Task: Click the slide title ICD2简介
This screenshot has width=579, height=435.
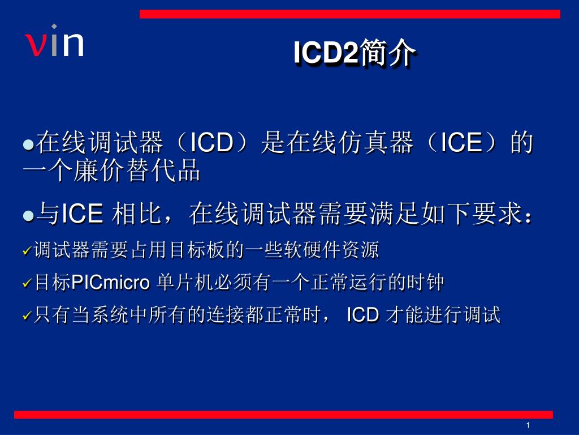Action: pos(355,54)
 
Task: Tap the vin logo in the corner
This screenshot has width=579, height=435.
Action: pos(54,42)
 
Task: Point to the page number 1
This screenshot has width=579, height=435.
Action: pos(527,425)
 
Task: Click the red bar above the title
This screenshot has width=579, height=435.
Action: pos(349,14)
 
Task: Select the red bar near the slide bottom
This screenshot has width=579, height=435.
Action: pos(283,415)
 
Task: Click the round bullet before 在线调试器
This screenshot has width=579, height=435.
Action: pos(28,144)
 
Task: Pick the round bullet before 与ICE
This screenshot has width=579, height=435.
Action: pos(28,216)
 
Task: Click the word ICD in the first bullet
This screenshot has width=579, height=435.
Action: pos(211,143)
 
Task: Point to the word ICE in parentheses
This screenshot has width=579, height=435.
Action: pos(461,143)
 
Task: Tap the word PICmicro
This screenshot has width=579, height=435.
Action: pos(111,282)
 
